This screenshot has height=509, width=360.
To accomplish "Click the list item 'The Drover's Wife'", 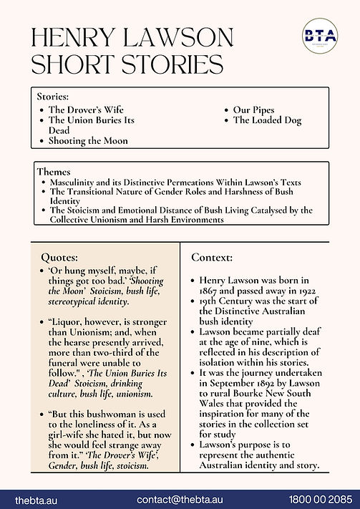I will [85, 110].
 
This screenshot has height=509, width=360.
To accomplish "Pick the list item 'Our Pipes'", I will [253, 110].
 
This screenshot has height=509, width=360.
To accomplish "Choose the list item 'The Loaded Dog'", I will [268, 120].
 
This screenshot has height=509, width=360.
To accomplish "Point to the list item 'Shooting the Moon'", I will [88, 141].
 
